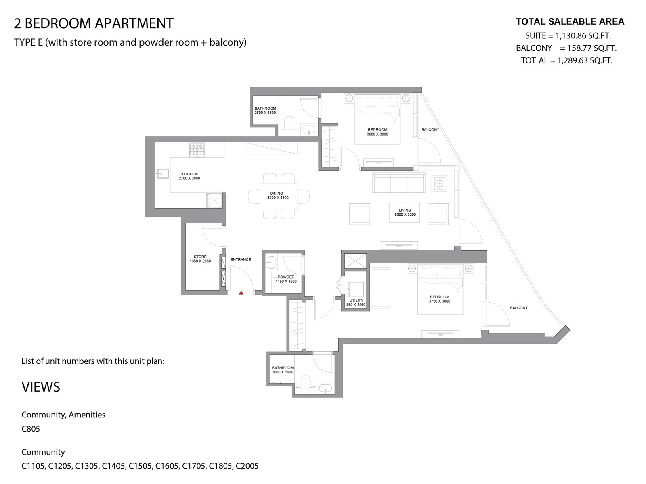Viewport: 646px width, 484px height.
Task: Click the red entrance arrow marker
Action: [241, 293]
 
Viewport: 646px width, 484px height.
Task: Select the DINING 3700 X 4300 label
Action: [277, 196]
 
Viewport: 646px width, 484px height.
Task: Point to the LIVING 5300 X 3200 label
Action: [405, 212]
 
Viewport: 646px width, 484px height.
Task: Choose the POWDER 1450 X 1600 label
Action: [286, 279]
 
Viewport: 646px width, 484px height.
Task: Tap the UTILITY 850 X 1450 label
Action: [356, 302]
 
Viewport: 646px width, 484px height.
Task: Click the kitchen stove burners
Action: [197, 149]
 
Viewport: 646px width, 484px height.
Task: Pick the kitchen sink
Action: [163, 174]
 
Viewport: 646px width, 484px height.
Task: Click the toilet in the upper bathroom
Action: [289, 123]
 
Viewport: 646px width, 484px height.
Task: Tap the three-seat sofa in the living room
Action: [399, 182]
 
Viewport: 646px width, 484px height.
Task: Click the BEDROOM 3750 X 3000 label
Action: [440, 299]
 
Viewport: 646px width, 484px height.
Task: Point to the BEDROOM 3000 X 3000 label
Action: [377, 131]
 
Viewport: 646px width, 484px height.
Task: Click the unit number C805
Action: [31, 429]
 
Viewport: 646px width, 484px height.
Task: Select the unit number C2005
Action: [247, 466]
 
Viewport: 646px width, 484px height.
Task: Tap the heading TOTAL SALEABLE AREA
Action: [570, 21]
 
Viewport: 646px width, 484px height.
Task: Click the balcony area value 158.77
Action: [581, 48]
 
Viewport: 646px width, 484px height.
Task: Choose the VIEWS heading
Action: [41, 387]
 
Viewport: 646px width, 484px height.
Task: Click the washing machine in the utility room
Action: [356, 290]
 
